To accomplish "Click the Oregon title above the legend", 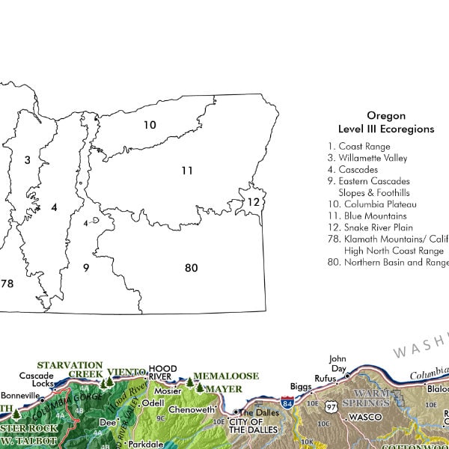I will [x=386, y=116].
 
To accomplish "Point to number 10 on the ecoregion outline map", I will [x=150, y=125].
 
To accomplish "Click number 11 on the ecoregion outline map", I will [x=186, y=171].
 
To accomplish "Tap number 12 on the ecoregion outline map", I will [x=254, y=202].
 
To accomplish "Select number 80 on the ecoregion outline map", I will [x=191, y=267].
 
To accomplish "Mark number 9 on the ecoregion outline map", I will [x=86, y=267].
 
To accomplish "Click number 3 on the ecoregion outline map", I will [x=27, y=159].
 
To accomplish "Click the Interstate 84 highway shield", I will [x=287, y=403].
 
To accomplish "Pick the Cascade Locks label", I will [x=37, y=379].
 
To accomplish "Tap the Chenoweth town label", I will [x=193, y=410].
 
